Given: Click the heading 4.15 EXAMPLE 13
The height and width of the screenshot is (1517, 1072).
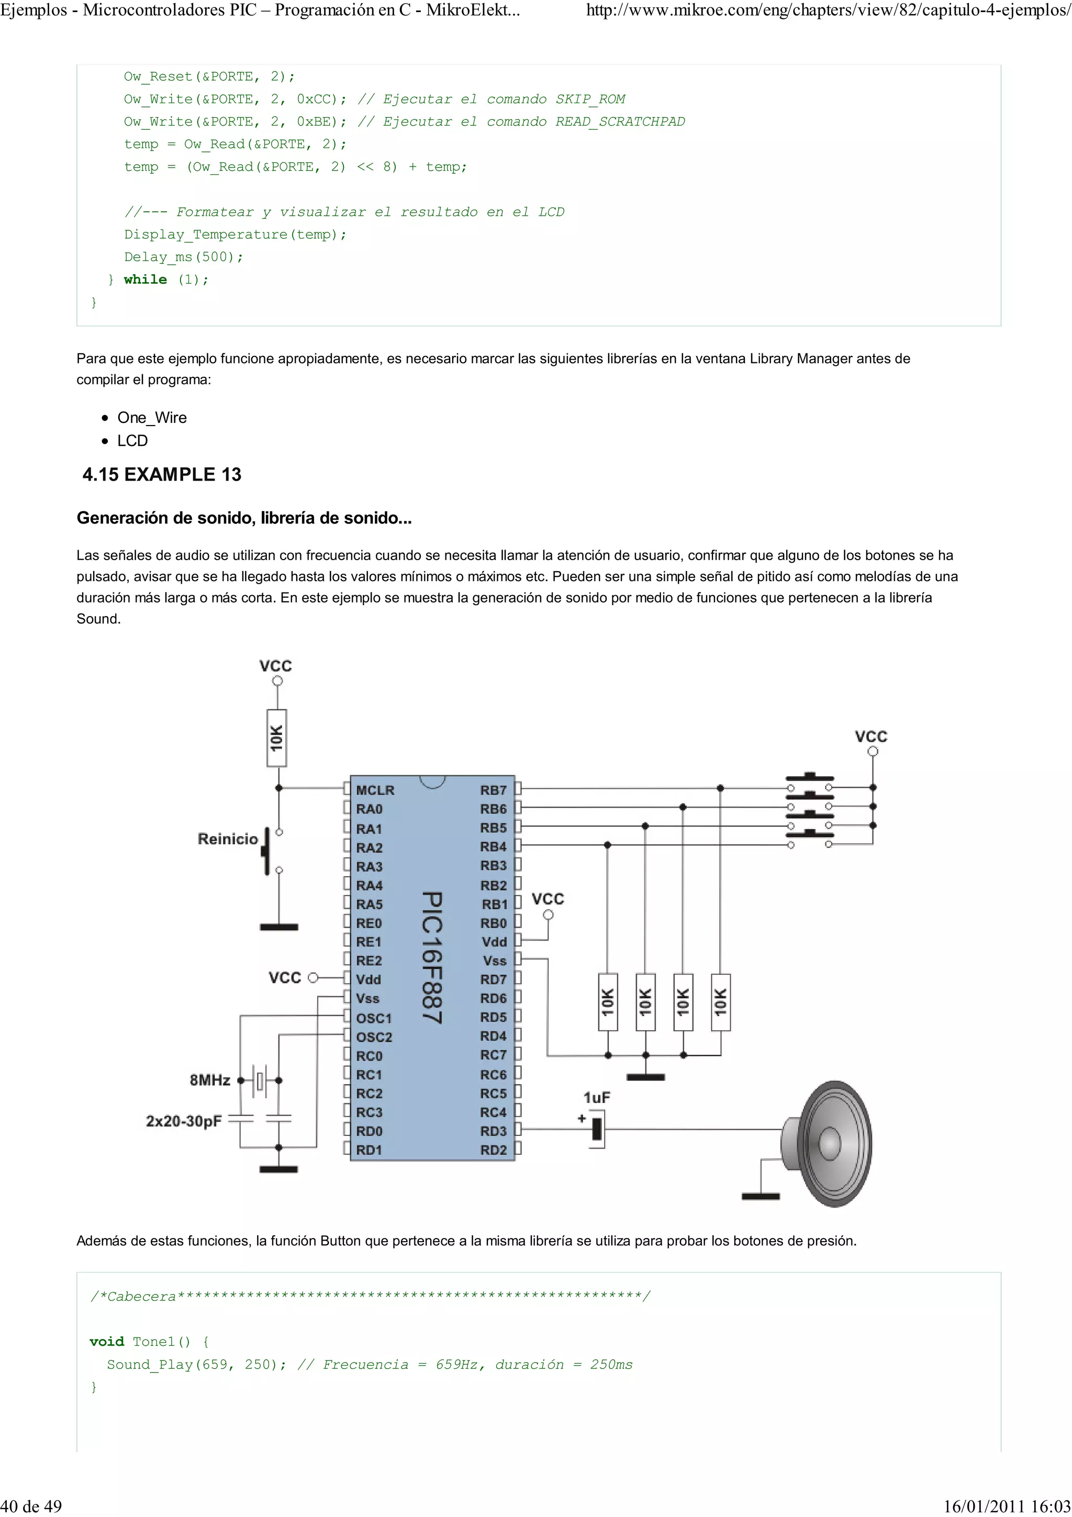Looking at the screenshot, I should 162,474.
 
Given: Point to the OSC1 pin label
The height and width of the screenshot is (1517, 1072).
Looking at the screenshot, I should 374,1018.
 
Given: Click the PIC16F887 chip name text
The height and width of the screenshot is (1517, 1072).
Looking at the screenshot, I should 431,958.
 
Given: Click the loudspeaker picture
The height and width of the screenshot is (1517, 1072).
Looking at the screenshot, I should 828,1143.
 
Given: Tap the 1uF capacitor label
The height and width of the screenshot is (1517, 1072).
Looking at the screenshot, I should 596,1098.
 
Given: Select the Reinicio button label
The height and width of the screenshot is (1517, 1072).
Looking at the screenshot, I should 228,839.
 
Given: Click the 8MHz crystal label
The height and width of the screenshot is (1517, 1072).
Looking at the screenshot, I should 210,1080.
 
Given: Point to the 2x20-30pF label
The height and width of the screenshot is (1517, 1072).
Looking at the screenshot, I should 184,1121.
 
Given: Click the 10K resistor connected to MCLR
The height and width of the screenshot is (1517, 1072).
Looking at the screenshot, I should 277,738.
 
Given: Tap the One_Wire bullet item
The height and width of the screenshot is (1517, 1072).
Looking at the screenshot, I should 152,418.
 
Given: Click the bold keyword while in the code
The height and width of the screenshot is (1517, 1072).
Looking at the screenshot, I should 146,280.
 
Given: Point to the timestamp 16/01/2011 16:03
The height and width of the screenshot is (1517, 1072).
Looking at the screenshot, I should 1007,1506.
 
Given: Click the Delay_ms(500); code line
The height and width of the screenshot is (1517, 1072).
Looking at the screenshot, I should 184,257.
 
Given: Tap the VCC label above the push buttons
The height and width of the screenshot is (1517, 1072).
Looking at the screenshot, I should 870,737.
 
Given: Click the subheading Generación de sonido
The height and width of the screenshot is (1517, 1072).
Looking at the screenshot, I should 244,518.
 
